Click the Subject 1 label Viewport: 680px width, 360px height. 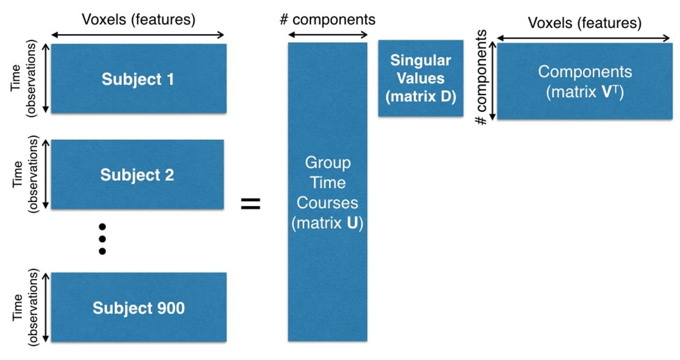[137, 79]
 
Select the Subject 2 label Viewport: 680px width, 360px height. [137, 175]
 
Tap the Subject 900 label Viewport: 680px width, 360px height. [138, 308]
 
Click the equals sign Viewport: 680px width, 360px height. [250, 204]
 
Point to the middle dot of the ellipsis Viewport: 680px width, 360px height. [102, 239]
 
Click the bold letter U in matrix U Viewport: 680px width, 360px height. [352, 223]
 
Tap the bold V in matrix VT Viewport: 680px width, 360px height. [607, 92]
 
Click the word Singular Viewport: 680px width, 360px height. [420, 61]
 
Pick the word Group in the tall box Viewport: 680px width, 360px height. [328, 162]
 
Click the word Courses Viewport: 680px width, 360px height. [327, 203]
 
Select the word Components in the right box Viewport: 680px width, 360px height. [585, 72]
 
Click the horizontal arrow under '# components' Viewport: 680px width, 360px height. [328, 35]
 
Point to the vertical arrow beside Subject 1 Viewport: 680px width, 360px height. [46, 78]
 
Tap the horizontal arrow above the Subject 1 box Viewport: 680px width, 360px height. [137, 35]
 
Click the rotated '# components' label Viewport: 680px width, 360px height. [481, 78]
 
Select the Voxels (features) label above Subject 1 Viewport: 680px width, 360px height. [138, 19]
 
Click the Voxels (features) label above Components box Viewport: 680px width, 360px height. [585, 23]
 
